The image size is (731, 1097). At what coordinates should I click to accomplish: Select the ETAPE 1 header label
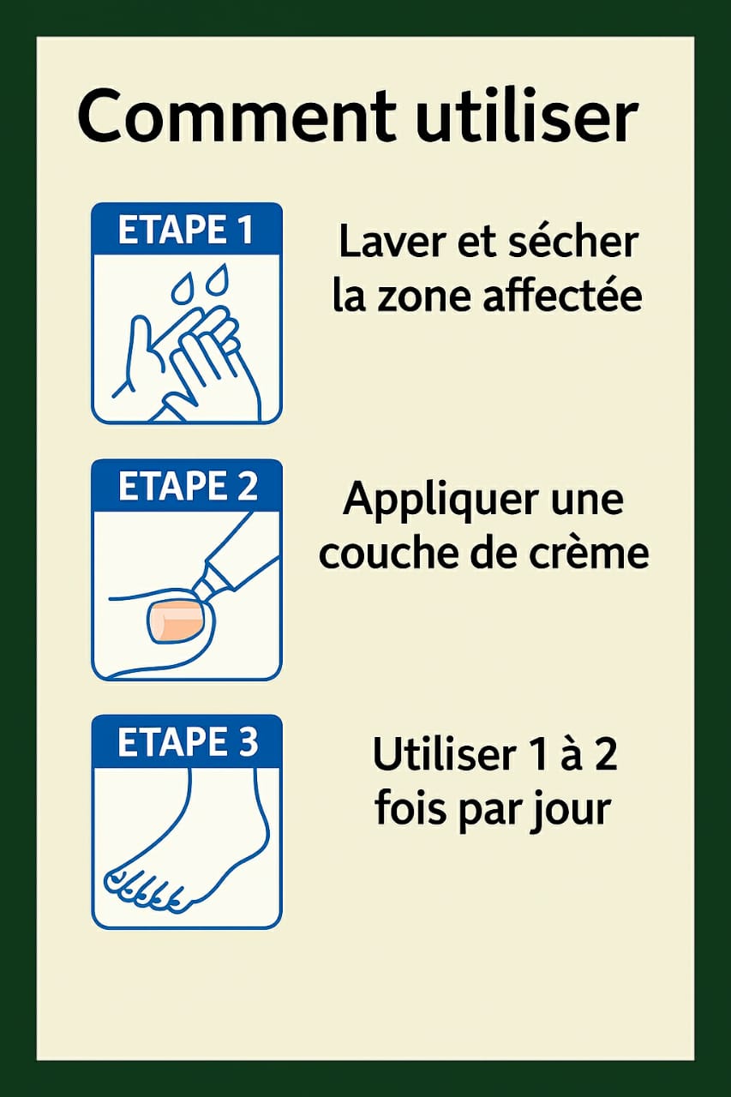click(x=186, y=231)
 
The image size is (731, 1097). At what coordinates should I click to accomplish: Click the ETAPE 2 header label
click(x=186, y=486)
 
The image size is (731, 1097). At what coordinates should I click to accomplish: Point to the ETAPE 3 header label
click(x=186, y=742)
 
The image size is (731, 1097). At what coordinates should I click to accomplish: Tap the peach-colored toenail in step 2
click(x=174, y=620)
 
